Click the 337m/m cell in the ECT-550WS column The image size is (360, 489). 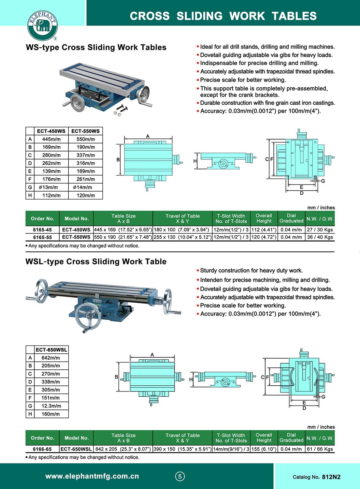pos(86,155)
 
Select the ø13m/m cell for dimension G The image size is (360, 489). pos(48,187)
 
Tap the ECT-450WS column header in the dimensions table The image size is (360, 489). pos(51,131)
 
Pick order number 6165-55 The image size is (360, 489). pos(42,237)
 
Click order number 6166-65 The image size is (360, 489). pos(42,449)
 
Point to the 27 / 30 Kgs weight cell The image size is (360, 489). pos(320,230)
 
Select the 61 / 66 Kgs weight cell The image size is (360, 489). pos(320,449)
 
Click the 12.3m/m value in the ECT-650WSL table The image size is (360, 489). pos(51,406)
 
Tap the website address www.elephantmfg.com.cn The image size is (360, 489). pos(92,476)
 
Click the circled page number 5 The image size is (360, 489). pos(180,477)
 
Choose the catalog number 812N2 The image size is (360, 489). pos(331,477)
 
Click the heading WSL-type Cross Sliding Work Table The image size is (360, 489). pos(96,262)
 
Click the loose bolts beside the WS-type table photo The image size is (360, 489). pos(121,110)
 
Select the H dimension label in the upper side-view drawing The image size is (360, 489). pos(195,161)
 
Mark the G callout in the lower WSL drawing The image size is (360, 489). pos(323,397)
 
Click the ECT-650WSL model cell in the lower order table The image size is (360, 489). pos(76,449)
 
